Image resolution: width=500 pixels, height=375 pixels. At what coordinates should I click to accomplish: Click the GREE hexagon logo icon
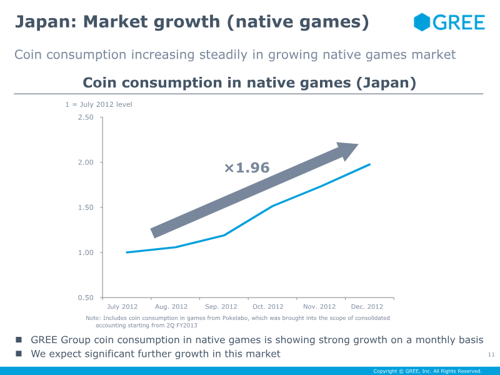[x=422, y=22]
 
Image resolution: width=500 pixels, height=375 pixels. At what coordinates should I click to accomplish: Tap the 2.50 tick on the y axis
[x=86, y=117]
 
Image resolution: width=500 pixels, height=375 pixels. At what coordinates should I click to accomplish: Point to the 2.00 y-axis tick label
[x=86, y=162]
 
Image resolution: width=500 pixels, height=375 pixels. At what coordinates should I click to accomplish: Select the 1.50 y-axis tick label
[x=86, y=207]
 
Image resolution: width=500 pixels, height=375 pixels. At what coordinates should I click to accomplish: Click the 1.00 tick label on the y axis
[x=86, y=252]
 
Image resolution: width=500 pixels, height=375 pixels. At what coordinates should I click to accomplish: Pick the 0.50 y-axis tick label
[x=86, y=297]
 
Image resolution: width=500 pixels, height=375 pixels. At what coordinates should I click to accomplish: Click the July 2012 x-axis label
[x=122, y=307]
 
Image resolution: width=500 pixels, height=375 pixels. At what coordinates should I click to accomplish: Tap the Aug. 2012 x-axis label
[x=171, y=307]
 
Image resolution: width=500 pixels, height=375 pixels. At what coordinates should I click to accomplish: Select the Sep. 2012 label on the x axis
[x=221, y=307]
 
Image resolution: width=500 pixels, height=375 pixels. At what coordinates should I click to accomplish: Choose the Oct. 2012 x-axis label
[x=268, y=307]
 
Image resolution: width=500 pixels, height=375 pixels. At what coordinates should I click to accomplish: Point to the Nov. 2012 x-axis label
[x=319, y=307]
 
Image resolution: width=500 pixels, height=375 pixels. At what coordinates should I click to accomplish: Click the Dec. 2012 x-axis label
[x=367, y=307]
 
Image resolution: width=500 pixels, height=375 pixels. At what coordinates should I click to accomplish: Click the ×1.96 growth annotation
[x=247, y=167]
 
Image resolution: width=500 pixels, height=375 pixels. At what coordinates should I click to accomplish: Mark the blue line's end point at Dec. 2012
[x=370, y=164]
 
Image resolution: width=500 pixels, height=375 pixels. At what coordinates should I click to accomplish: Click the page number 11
[x=491, y=355]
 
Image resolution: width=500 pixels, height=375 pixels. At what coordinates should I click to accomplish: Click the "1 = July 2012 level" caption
[x=99, y=104]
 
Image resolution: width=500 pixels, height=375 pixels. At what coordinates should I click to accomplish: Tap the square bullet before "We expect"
[x=19, y=354]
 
